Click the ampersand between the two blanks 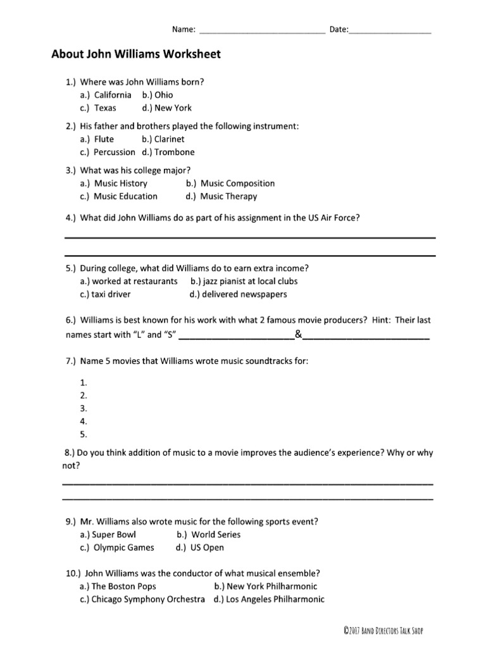point(297,334)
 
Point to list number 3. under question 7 point(84,408)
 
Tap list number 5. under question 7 point(84,434)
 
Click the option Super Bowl point(108,535)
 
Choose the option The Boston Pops point(118,587)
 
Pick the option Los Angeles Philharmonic point(269,599)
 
